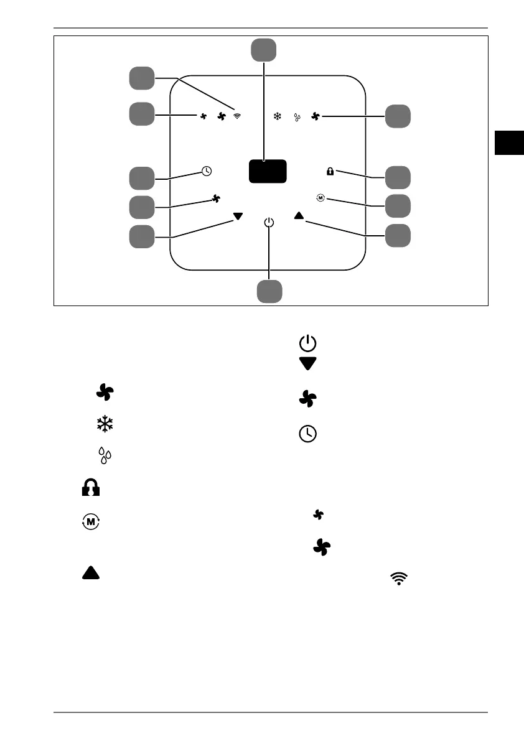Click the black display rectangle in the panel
pos(268,170)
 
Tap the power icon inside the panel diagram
pos(268,222)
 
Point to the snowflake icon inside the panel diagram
pos(278,116)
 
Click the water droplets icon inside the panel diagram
pos(297,117)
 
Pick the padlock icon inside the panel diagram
pos(330,171)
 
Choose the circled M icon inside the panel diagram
pos(320,198)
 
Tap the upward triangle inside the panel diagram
pos(299,216)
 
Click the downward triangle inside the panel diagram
pos(237,217)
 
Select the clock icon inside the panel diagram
pos(207,171)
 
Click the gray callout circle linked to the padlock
pos(398,177)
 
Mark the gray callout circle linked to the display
pos(264,50)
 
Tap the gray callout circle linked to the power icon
pos(270,291)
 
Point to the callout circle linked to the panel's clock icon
pos(142,177)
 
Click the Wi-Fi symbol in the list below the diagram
pos(398,579)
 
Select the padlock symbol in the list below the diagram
pos(91,488)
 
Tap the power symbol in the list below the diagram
pos(308,343)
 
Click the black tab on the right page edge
pos(510,142)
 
